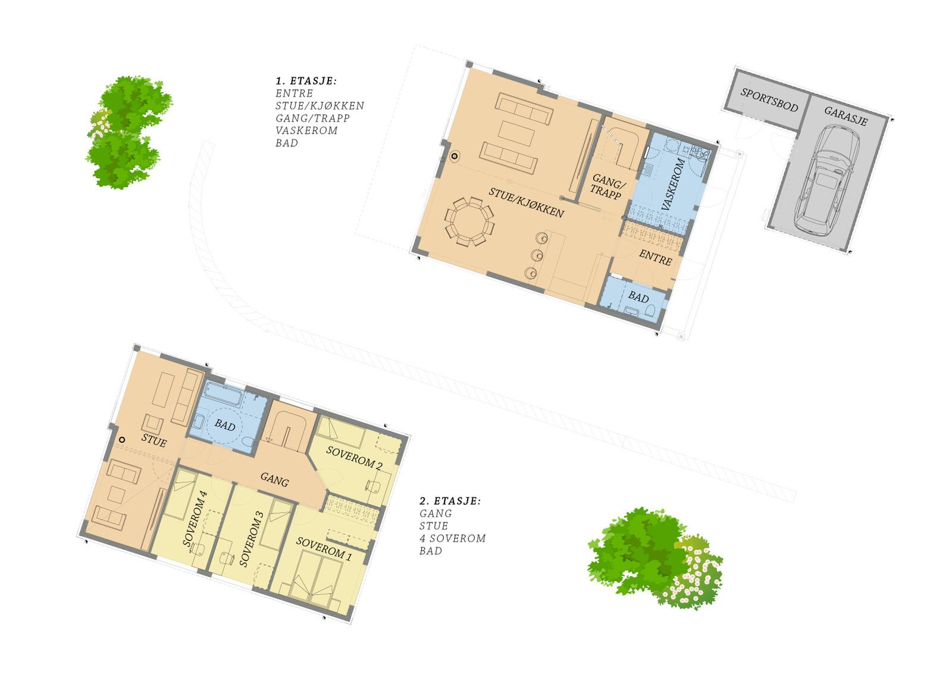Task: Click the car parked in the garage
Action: (x=827, y=180)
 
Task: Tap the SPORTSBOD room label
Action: (x=769, y=100)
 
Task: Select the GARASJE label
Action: (x=845, y=115)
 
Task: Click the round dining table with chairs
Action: (x=469, y=221)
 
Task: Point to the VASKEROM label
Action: (x=674, y=184)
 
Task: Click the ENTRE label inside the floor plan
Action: (x=655, y=258)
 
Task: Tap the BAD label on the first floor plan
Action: (x=638, y=296)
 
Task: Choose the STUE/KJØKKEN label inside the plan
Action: (x=527, y=202)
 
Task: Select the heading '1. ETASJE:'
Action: (x=306, y=81)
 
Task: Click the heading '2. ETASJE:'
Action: (x=450, y=501)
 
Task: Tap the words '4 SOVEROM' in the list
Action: (x=453, y=539)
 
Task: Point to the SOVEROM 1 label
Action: (x=324, y=549)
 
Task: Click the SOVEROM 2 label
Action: (x=354, y=458)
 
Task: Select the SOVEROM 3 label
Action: (x=252, y=539)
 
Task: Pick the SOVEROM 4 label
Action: (x=195, y=518)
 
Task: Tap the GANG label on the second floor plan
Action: (x=274, y=480)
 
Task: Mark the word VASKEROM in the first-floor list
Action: (x=306, y=130)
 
